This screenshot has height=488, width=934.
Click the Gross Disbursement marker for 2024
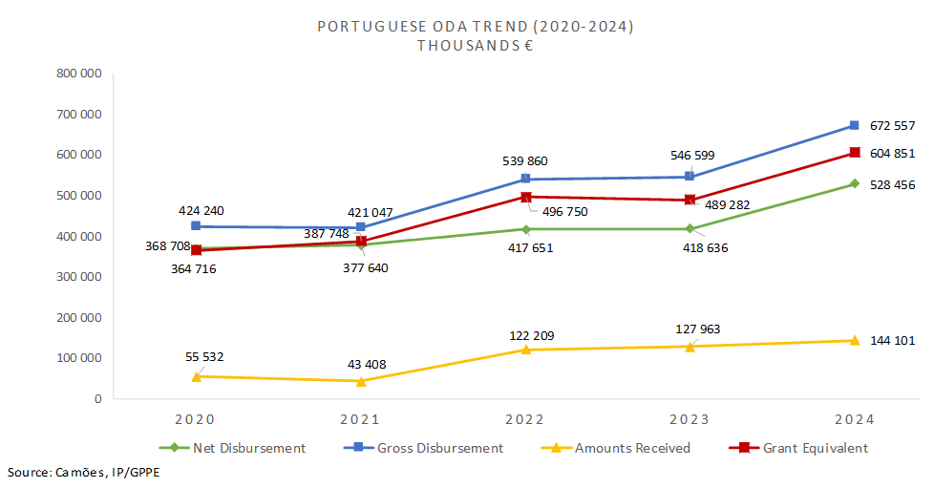coord(854,125)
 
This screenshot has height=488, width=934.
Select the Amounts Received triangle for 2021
coord(361,381)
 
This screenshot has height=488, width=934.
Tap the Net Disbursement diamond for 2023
coord(690,228)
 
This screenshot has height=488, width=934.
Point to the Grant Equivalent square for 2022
coord(525,197)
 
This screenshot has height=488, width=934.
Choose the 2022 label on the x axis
coord(525,419)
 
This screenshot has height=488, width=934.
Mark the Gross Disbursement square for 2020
coord(196,226)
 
